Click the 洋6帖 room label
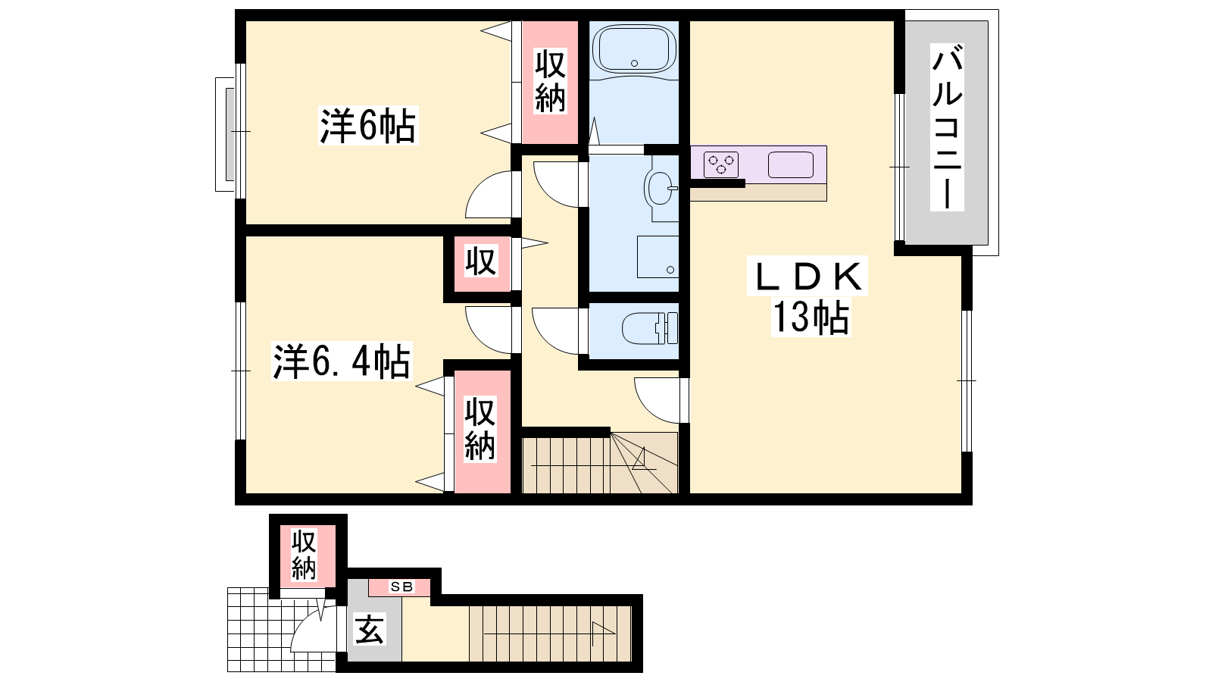[368, 126]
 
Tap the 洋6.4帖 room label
[342, 361]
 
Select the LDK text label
[807, 276]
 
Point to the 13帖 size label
[811, 318]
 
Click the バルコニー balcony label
[947, 127]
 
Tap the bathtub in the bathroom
[634, 49]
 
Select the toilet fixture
[650, 329]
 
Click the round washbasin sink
[660, 188]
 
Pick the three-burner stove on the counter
[720, 164]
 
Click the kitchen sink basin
[791, 164]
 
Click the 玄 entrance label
[370, 629]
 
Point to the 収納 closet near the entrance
[304, 555]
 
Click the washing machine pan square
[658, 257]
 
